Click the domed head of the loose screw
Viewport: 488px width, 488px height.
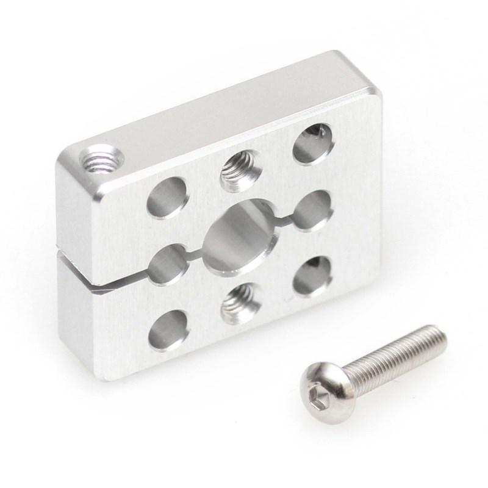pyautogui.click(x=323, y=384)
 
